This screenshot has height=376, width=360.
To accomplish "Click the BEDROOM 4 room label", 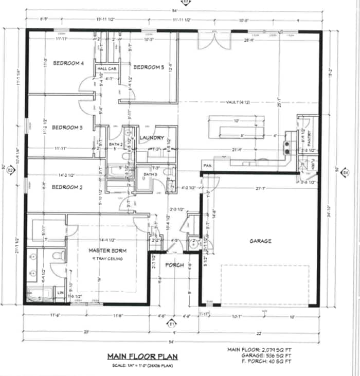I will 67,63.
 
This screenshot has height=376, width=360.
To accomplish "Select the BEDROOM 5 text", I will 149,67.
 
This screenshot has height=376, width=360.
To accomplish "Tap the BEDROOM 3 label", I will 67,128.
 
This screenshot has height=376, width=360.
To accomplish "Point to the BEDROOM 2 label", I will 67,188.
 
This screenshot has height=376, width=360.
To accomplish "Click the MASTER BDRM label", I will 105,250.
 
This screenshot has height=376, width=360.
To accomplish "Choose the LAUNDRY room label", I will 152,138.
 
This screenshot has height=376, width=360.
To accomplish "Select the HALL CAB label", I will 106,68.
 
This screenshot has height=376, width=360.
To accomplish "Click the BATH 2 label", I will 116,145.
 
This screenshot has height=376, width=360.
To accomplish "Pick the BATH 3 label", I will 150,175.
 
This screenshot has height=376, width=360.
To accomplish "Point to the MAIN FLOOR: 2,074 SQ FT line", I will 260,350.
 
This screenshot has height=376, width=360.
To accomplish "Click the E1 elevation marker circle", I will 171,324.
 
